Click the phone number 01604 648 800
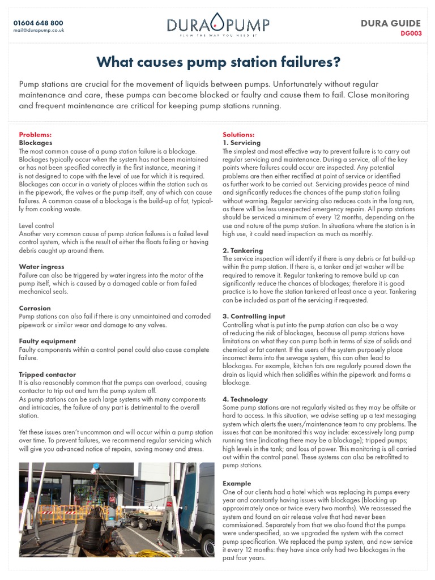pyautogui.click(x=39, y=22)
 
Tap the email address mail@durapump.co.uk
pyautogui.click(x=39, y=30)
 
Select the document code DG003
pyautogui.click(x=411, y=33)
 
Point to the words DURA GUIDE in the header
pyautogui.click(x=391, y=23)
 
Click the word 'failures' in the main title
pyautogui.click(x=304, y=61)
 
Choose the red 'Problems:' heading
pyautogui.click(x=35, y=135)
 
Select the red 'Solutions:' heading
pyautogui.click(x=238, y=135)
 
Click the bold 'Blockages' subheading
pyautogui.click(x=36, y=143)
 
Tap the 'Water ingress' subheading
pyautogui.click(x=41, y=266)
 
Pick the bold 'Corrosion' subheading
pyautogui.click(x=35, y=308)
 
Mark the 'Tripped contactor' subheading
pyautogui.click(x=47, y=374)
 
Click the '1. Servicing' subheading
pyautogui.click(x=242, y=143)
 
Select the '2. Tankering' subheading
pyautogui.click(x=243, y=250)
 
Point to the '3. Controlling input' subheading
pyautogui.click(x=254, y=316)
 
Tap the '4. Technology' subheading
pyautogui.click(x=245, y=399)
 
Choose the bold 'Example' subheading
pyautogui.click(x=237, y=484)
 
